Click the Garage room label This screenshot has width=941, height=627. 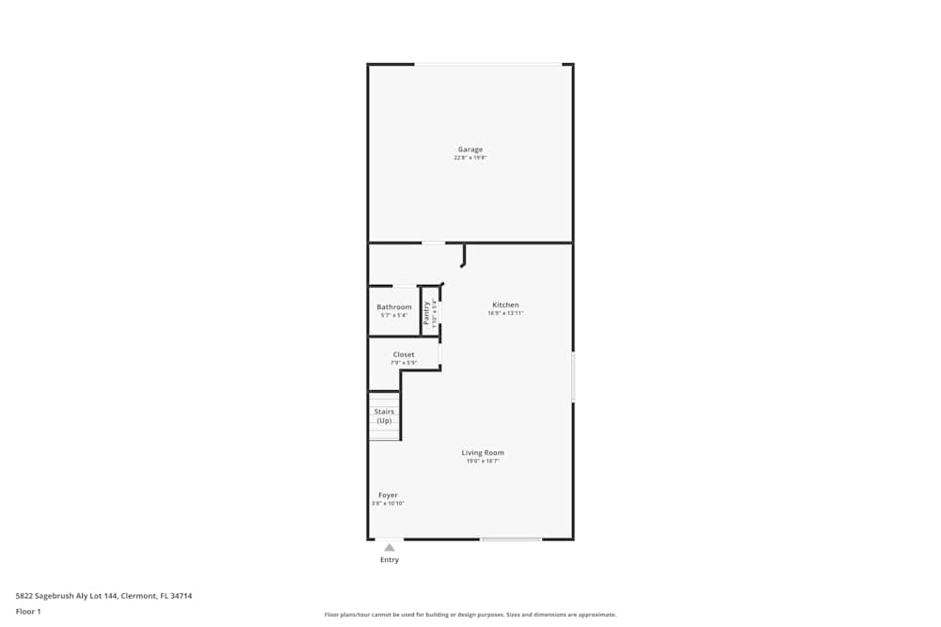[470, 149]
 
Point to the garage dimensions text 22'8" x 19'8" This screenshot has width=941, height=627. [470, 158]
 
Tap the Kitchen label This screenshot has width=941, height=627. [505, 305]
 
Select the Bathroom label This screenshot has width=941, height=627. [394, 307]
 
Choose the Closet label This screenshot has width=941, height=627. [404, 354]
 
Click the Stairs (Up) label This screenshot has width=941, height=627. [384, 415]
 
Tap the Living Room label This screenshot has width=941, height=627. [483, 453]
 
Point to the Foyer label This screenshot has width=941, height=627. [388, 495]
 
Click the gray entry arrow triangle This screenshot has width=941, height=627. [390, 547]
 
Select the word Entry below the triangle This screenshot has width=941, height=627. [390, 560]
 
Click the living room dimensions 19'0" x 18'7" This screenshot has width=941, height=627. [483, 462]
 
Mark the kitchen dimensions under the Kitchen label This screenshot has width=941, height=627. [505, 313]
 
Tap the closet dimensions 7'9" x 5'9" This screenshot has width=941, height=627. [404, 363]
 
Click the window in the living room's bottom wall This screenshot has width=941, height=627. [511, 539]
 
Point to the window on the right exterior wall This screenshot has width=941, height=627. [573, 378]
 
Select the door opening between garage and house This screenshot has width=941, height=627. [433, 243]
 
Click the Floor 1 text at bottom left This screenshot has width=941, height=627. [28, 611]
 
